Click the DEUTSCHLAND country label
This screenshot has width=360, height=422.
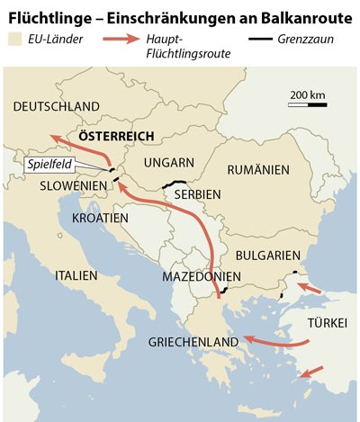coord(57,106)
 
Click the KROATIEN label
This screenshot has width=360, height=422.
coord(100,218)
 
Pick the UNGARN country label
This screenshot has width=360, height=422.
coord(168,163)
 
